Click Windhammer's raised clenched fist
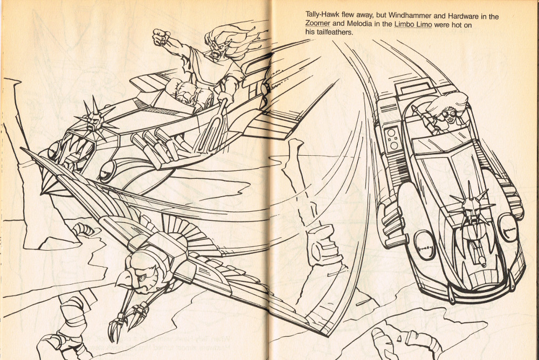161,37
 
